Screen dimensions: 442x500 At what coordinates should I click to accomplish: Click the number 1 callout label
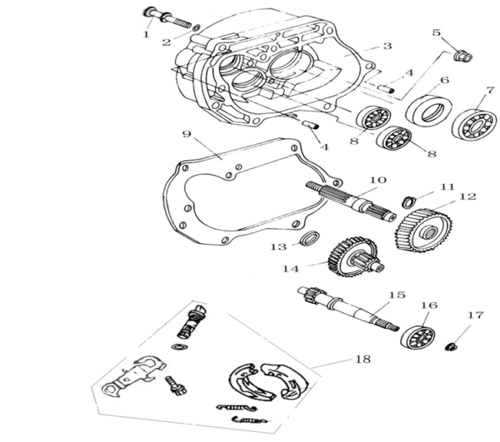[146, 35]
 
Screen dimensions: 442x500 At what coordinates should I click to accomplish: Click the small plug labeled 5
[459, 57]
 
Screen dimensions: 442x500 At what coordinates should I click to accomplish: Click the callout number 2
[167, 42]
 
